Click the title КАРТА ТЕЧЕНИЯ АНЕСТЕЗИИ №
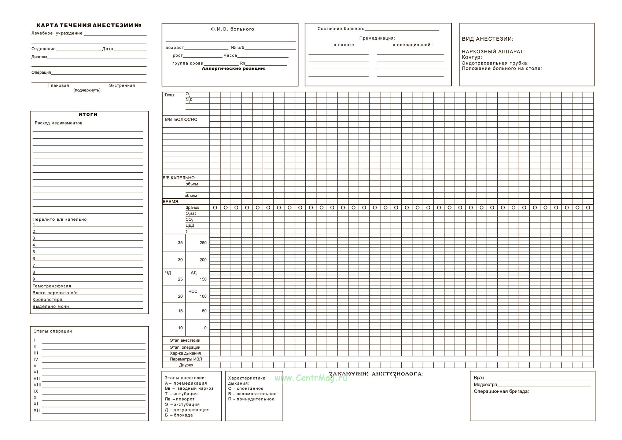pyautogui.click(x=89, y=25)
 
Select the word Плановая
pyautogui.click(x=58, y=85)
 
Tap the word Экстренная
pyautogui.click(x=122, y=85)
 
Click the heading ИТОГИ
pyautogui.click(x=88, y=114)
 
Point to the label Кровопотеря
pyautogui.click(x=47, y=300)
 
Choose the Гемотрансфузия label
pyautogui.click(x=52, y=286)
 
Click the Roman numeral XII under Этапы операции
pyautogui.click(x=37, y=410)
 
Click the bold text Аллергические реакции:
pyautogui.click(x=233, y=69)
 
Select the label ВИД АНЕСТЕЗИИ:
pyautogui.click(x=487, y=39)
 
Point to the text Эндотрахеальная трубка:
pyautogui.click(x=495, y=63)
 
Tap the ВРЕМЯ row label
pyautogui.click(x=170, y=202)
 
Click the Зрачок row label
pyautogui.click(x=192, y=208)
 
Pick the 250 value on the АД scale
pyautogui.click(x=203, y=243)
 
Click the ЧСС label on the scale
pyautogui.click(x=193, y=291)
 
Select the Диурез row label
pyautogui.click(x=186, y=365)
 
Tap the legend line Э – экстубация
pyautogui.click(x=182, y=404)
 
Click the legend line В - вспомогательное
pyautogui.click(x=252, y=394)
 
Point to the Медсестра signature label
pyautogui.click(x=485, y=385)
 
